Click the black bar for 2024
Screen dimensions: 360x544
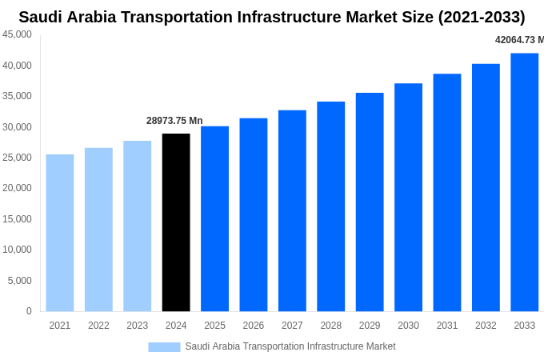pyautogui.click(x=176, y=222)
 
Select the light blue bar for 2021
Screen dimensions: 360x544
pyautogui.click(x=60, y=233)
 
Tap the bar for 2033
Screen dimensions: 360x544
pyautogui.click(x=524, y=182)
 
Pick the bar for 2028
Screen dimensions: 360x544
pyautogui.click(x=330, y=206)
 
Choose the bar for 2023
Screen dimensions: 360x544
pyautogui.click(x=138, y=226)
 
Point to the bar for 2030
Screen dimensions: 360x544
pyautogui.click(x=408, y=198)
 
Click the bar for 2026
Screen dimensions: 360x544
pyautogui.click(x=254, y=215)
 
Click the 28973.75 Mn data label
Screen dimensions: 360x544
pyautogui.click(x=174, y=121)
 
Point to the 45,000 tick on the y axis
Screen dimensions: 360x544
pyautogui.click(x=18, y=34)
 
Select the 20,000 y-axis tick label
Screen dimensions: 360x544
pyautogui.click(x=18, y=188)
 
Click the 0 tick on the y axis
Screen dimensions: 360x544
pyautogui.click(x=29, y=311)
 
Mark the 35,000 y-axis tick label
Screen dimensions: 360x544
pyautogui.click(x=18, y=96)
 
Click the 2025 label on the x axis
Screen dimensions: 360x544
pyautogui.click(x=214, y=326)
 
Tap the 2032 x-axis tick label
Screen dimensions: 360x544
pyautogui.click(x=486, y=326)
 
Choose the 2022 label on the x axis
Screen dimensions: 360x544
pyautogui.click(x=98, y=326)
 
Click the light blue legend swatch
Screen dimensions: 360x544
pyautogui.click(x=164, y=346)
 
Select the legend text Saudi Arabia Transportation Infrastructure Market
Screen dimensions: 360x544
pyautogui.click(x=290, y=346)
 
